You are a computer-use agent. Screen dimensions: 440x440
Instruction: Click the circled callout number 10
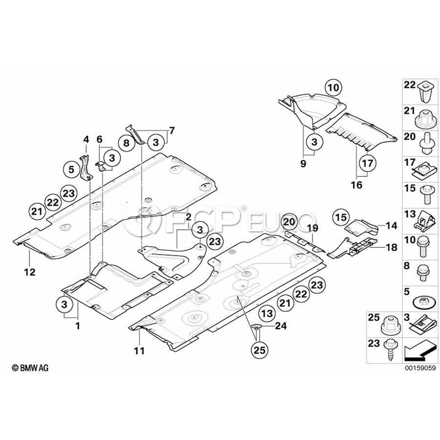coord(332,88)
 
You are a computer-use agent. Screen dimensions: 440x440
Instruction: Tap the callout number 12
coord(30,272)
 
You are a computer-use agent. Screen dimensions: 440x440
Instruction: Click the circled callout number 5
coord(71,170)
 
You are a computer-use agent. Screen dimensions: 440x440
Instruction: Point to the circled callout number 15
coord(340,217)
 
